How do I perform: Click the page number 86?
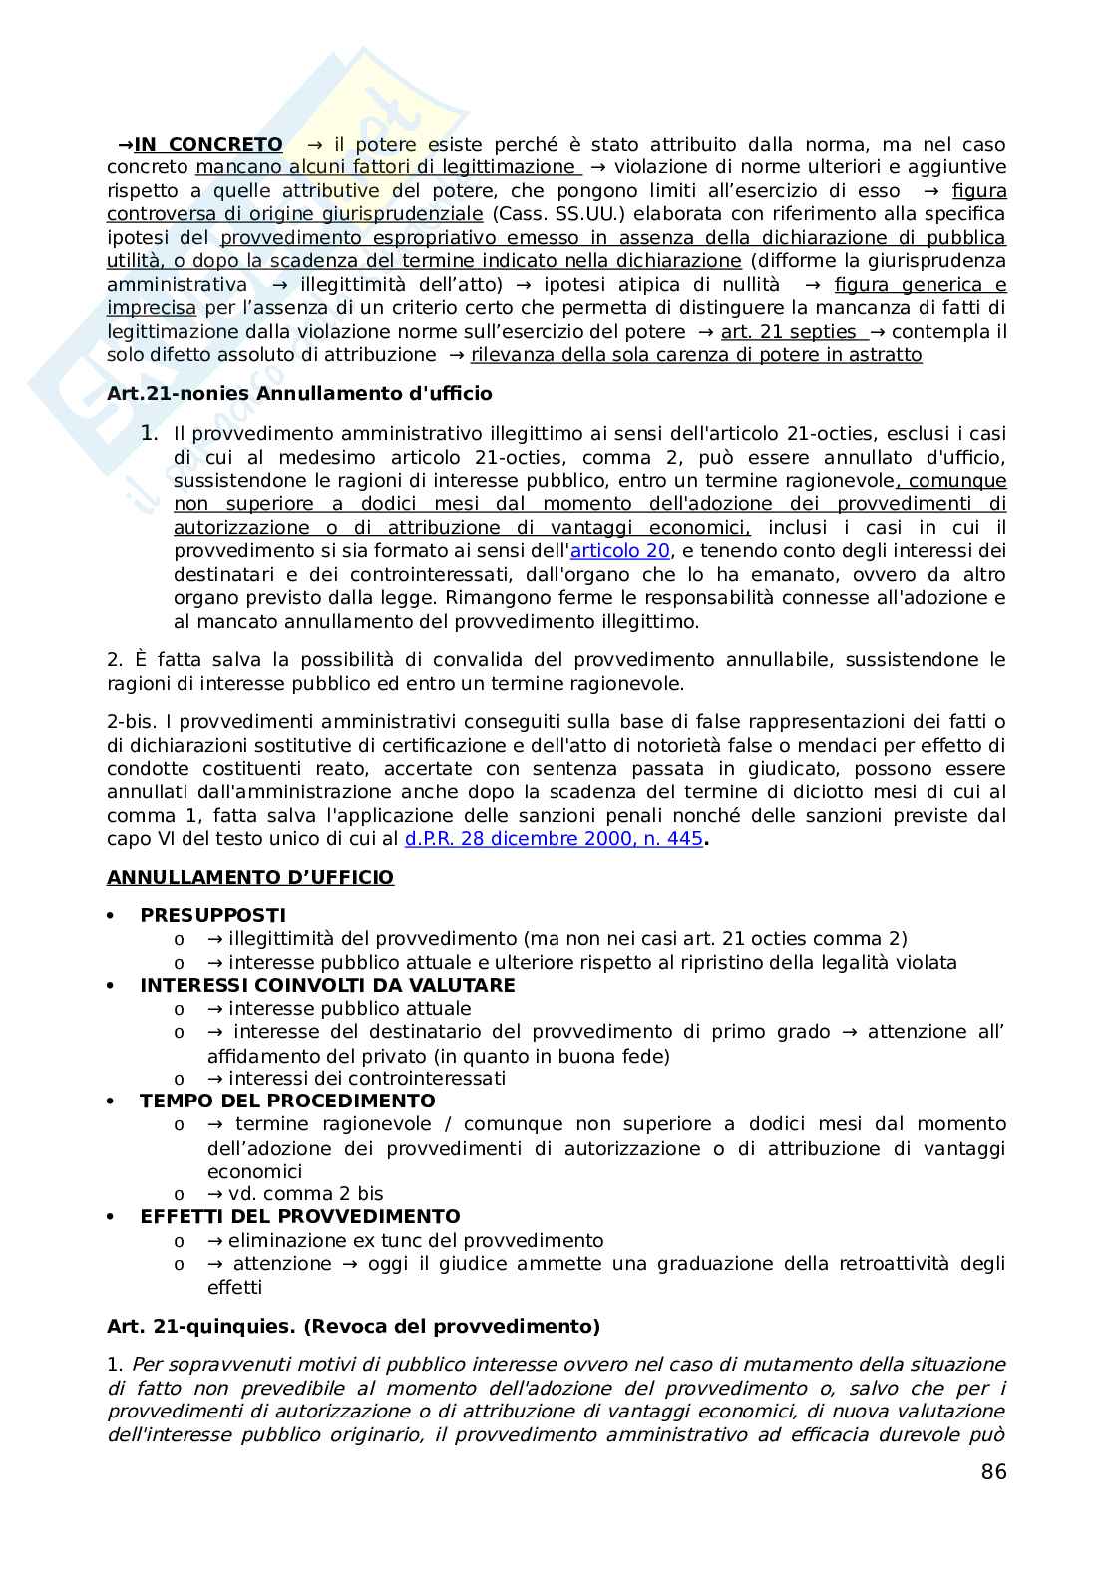pyautogui.click(x=993, y=1472)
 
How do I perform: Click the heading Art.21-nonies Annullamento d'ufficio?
pyautogui.click(x=299, y=394)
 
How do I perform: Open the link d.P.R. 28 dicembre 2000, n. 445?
pyautogui.click(x=554, y=839)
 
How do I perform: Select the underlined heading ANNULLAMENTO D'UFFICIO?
pyautogui.click(x=250, y=878)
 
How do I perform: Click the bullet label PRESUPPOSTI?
pyautogui.click(x=212, y=915)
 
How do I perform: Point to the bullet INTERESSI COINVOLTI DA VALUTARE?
pyautogui.click(x=327, y=985)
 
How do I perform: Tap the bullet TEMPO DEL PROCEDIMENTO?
pyautogui.click(x=287, y=1101)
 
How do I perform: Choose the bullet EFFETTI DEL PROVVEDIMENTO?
pyautogui.click(x=299, y=1216)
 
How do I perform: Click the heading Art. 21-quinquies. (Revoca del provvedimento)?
pyautogui.click(x=353, y=1327)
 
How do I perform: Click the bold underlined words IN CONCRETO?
pyautogui.click(x=208, y=145)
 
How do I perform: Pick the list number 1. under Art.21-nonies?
pyautogui.click(x=150, y=433)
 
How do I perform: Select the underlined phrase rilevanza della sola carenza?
pyautogui.click(x=696, y=355)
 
